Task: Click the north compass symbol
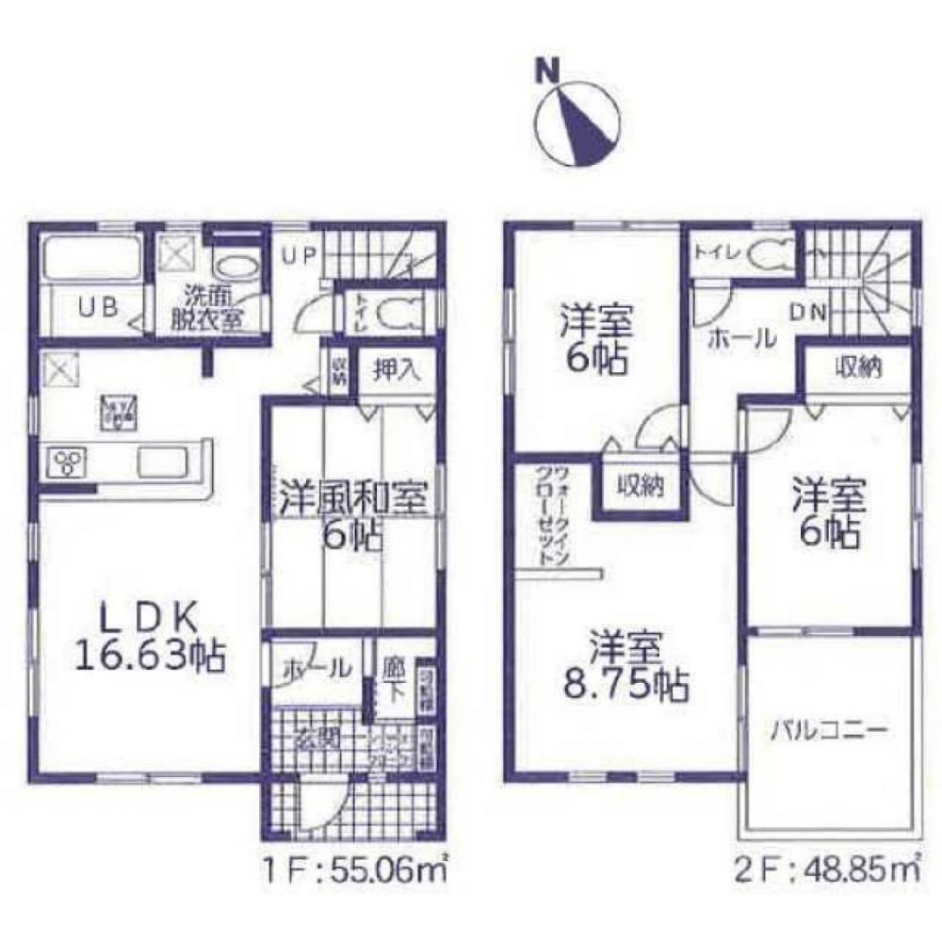[x=577, y=123]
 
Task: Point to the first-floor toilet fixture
[x=402, y=311]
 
